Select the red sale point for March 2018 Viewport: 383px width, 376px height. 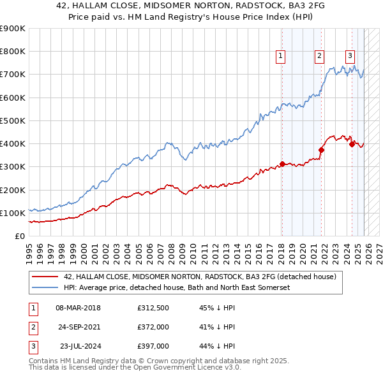(x=282, y=164)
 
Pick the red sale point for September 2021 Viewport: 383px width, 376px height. (x=321, y=150)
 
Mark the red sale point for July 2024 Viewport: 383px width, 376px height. (x=352, y=144)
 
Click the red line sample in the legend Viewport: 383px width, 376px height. (x=45, y=277)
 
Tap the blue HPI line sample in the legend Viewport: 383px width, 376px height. (x=45, y=287)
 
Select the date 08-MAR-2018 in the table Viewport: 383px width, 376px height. (x=78, y=308)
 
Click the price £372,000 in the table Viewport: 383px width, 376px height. (x=153, y=327)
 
